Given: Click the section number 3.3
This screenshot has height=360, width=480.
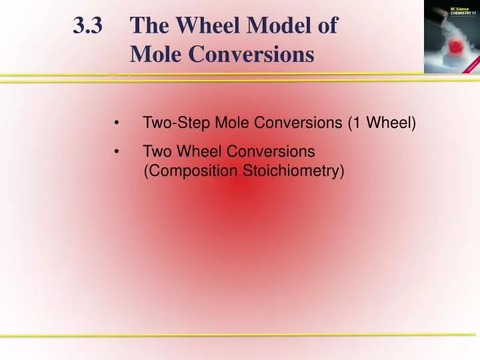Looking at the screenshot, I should (88, 26).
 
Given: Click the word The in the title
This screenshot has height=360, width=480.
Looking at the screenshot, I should (147, 26).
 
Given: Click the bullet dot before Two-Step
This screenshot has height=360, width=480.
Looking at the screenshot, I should (117, 123).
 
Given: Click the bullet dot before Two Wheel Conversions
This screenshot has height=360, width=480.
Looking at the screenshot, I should (117, 151).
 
